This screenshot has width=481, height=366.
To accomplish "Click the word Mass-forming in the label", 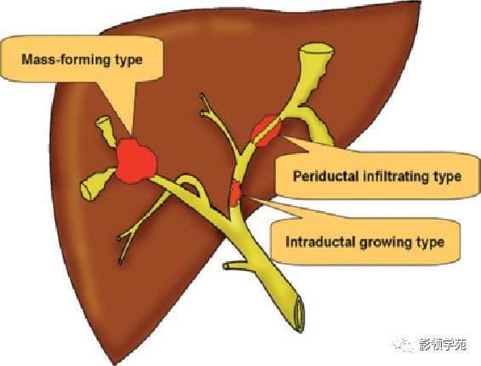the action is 66,60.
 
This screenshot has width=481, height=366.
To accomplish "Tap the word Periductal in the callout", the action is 325,176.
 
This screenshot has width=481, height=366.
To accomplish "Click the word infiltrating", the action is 393,177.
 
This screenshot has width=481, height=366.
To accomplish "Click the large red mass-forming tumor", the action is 136,161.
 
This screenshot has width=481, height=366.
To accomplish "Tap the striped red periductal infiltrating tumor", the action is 266,130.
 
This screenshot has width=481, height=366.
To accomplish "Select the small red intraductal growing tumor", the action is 235,193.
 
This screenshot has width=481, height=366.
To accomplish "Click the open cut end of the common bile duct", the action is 299,314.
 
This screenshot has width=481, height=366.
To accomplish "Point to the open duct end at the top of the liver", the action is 317,50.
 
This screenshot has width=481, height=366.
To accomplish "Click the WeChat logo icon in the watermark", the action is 403,344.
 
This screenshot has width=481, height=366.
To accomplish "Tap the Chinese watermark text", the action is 443,345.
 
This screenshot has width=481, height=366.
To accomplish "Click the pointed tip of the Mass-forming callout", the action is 131,137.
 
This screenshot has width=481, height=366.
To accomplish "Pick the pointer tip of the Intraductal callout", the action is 244,197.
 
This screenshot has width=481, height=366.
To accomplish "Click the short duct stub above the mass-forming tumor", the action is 106,129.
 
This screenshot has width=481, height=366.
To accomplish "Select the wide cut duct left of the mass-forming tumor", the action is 97,184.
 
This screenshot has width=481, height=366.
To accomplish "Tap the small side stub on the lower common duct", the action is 236,266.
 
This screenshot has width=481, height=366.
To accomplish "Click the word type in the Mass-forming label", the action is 129,60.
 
